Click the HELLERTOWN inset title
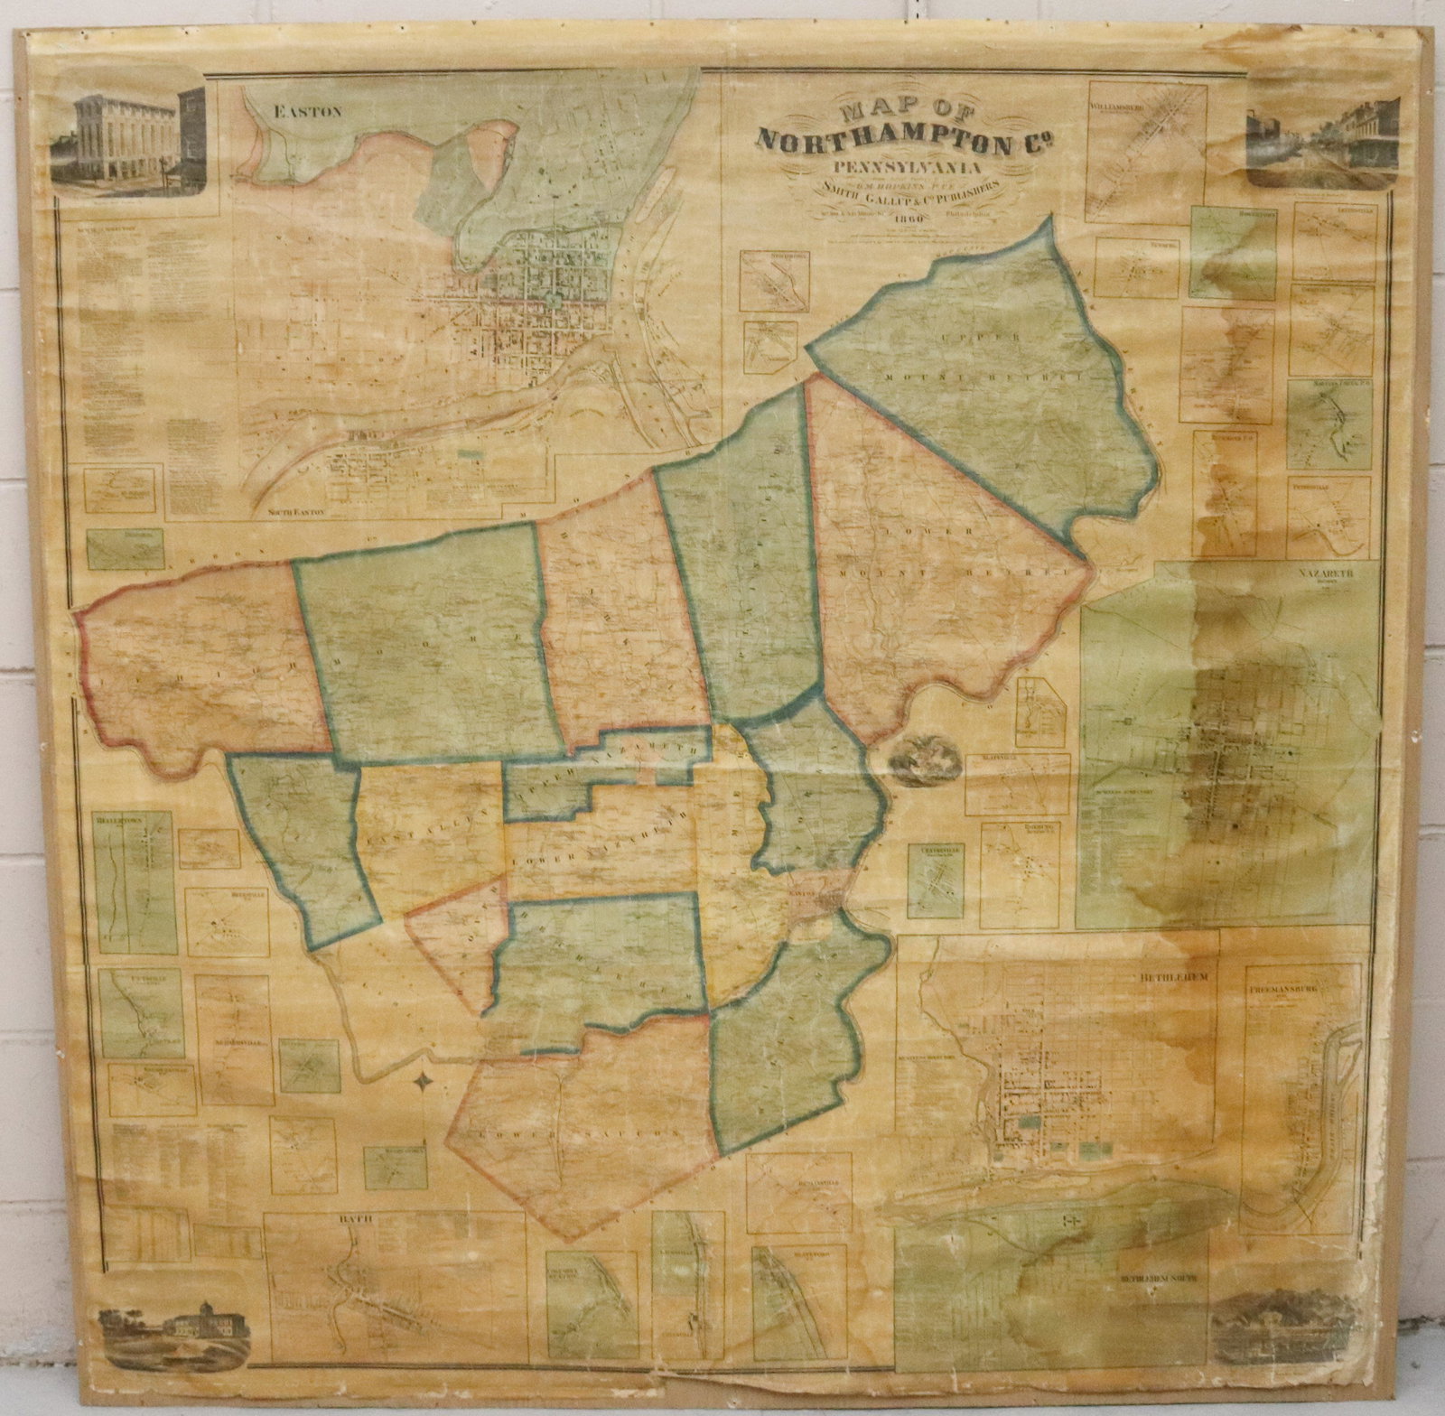tap(117, 822)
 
